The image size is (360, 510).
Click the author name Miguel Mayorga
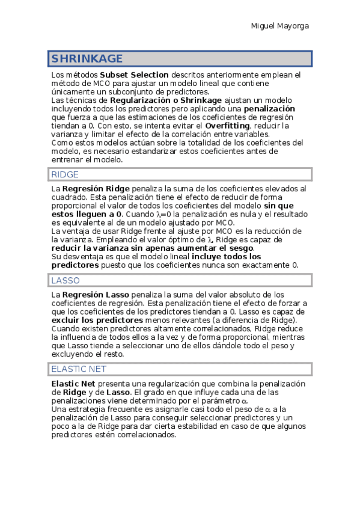coord(279,26)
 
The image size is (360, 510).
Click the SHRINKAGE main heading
coord(87,58)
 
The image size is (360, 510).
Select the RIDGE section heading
coord(65,174)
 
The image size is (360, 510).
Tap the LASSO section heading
coord(66,280)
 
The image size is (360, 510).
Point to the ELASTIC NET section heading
coord(79,369)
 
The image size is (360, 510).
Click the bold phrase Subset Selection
coord(134,75)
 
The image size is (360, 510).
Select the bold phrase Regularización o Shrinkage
coord(165,100)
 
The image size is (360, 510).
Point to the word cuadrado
coord(70,197)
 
